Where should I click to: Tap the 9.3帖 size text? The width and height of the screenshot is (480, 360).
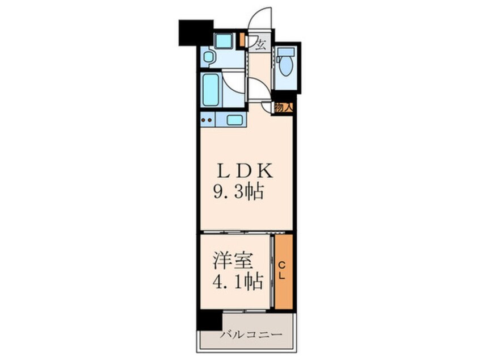pyautogui.click(x=238, y=192)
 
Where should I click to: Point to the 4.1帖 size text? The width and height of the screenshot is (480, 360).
pyautogui.click(x=238, y=282)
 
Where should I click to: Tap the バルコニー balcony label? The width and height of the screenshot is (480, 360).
pyautogui.click(x=250, y=336)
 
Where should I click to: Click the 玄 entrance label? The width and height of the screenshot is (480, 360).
pyautogui.click(x=260, y=44)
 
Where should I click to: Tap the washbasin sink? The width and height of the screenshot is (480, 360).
pyautogui.click(x=208, y=57)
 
